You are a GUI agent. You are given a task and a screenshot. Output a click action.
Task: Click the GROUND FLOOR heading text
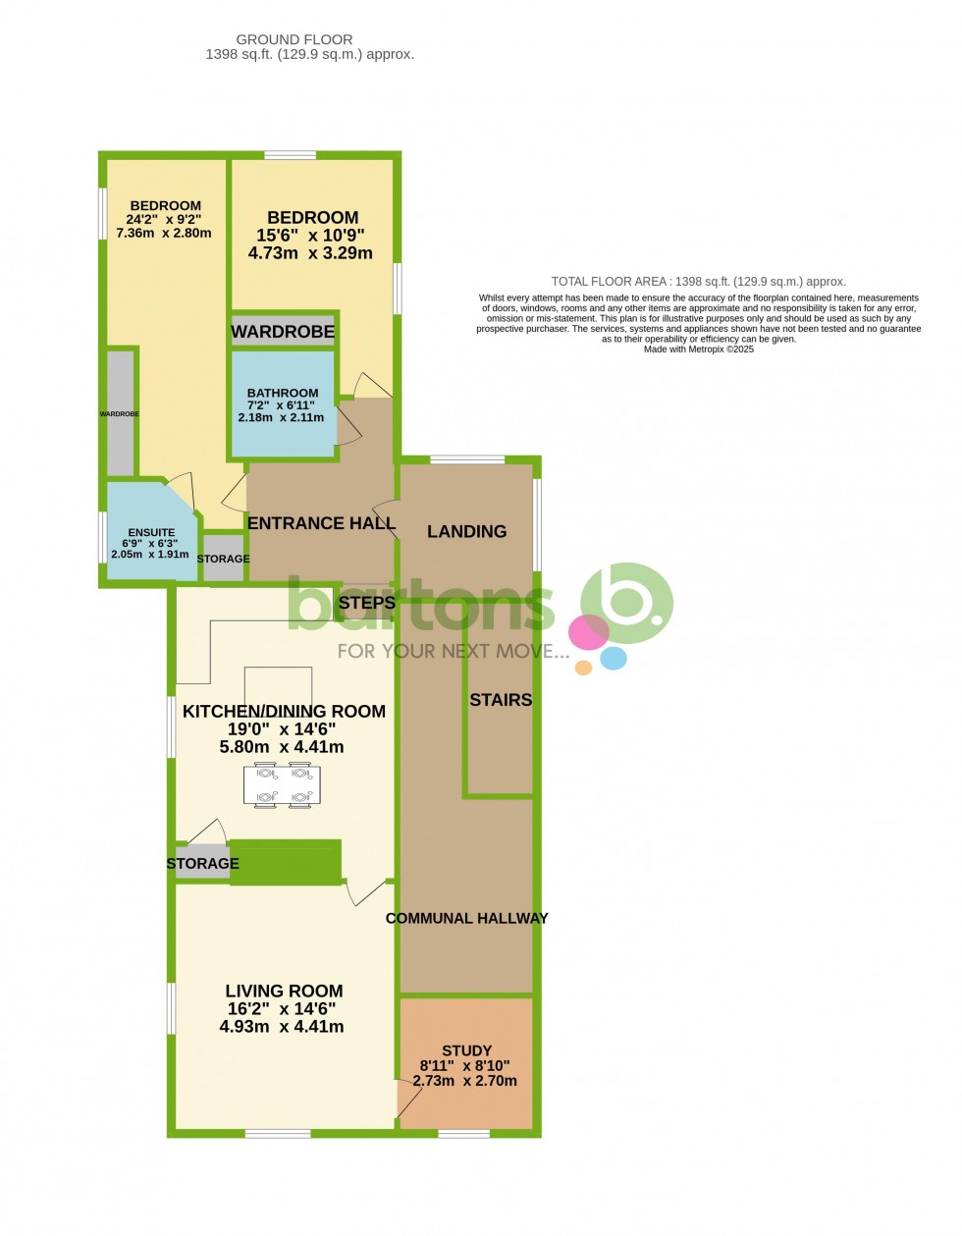click(x=294, y=40)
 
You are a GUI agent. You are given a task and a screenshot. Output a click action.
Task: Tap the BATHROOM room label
click(x=283, y=393)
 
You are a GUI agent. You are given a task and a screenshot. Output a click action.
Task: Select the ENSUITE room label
click(x=151, y=532)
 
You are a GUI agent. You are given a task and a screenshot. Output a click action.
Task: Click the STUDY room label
click(x=467, y=1050)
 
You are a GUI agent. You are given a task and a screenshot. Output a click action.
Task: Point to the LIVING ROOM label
click(x=284, y=991)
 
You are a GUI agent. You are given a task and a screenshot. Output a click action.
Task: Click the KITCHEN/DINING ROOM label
click(x=284, y=711)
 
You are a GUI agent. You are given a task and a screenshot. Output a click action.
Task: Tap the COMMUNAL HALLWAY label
click(x=467, y=918)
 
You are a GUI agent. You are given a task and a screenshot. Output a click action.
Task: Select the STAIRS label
click(x=501, y=700)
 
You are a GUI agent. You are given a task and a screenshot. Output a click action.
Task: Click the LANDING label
click(x=467, y=531)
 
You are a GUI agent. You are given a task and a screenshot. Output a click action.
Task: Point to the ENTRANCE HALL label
click(x=321, y=523)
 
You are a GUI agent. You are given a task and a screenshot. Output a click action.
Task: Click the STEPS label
click(x=367, y=603)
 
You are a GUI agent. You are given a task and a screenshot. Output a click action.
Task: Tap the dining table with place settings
click(x=282, y=785)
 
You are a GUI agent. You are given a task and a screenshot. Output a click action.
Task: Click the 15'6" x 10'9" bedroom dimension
click(x=310, y=235)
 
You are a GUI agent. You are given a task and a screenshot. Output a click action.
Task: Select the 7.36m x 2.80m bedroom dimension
click(x=164, y=233)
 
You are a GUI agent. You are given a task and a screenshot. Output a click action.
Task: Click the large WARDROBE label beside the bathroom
click(x=283, y=332)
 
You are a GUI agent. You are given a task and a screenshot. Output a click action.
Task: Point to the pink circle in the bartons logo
click(x=588, y=632)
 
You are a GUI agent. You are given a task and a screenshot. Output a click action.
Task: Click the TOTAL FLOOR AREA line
click(x=698, y=281)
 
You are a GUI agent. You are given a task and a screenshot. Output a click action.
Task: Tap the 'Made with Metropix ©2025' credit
click(x=698, y=349)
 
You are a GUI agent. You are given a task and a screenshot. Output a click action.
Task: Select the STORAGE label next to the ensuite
click(x=224, y=559)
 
